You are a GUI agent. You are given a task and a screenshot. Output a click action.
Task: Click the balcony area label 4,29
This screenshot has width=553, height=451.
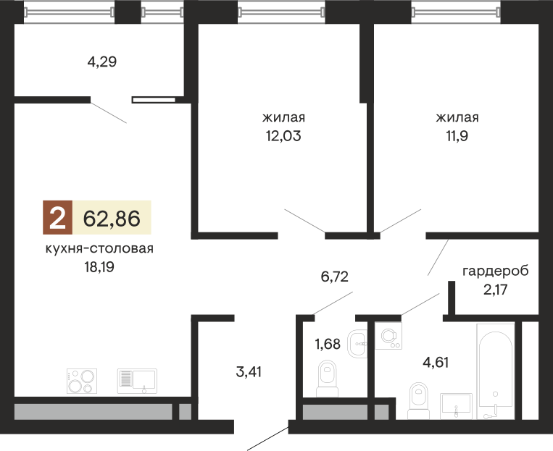tap(102, 62)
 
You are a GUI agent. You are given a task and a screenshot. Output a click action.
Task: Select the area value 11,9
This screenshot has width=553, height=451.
tap(457, 135)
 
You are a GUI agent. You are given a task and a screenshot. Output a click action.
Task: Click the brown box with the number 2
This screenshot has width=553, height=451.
tap(57, 217)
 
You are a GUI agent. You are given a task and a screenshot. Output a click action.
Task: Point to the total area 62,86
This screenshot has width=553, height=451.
tap(112, 217)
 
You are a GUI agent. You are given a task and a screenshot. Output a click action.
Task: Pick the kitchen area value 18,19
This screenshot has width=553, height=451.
tap(100, 266)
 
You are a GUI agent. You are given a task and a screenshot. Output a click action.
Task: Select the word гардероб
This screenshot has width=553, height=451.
tap(495, 271)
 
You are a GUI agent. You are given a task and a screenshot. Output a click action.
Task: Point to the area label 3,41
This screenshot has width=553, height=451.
tap(249, 372)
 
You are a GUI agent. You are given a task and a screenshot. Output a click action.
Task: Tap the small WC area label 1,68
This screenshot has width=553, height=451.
tap(328, 344)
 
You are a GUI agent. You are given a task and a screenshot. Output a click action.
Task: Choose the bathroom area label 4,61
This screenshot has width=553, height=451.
tap(436, 362)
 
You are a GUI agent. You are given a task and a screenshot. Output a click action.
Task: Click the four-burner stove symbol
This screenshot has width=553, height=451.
tap(81, 381)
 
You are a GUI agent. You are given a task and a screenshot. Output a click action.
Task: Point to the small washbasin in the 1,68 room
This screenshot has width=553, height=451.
tap(357, 342)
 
